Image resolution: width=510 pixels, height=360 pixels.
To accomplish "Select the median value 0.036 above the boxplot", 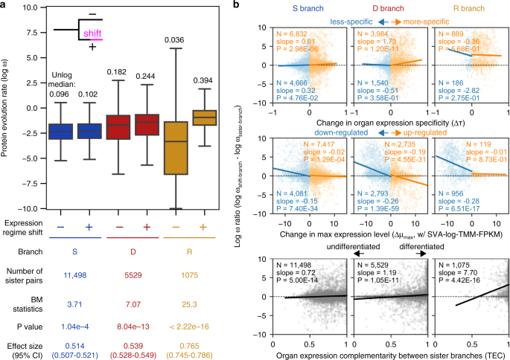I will click(173, 39).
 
